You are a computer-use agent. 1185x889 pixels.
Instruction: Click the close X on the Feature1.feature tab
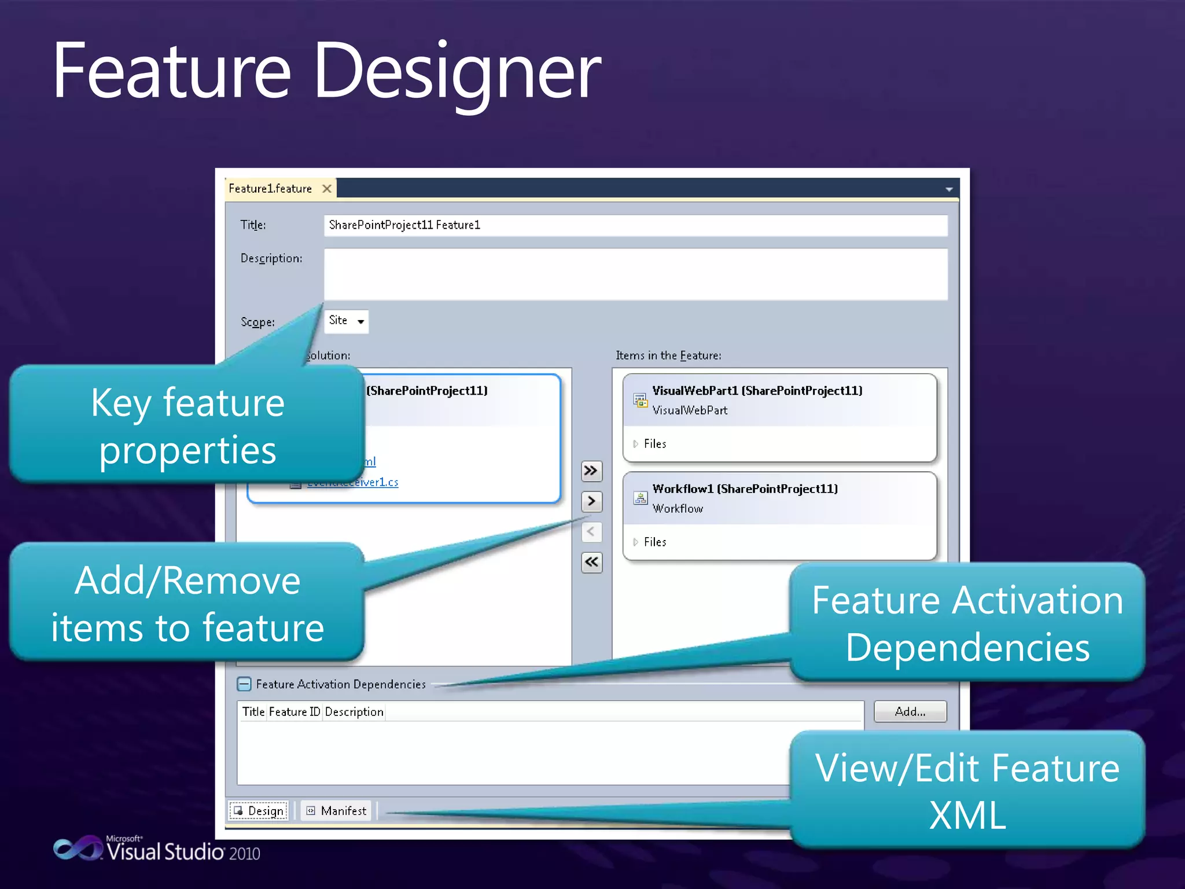(327, 189)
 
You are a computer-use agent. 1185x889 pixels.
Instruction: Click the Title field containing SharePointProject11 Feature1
(635, 225)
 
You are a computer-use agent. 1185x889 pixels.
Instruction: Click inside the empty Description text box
(635, 274)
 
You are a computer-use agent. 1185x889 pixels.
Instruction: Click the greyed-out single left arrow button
(591, 532)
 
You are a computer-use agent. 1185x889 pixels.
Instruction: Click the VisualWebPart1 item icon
(640, 400)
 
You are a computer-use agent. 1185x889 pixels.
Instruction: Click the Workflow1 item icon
(640, 498)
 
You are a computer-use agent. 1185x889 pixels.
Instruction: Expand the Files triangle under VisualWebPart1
(635, 444)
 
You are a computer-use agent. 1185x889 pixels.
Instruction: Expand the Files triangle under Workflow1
(635, 542)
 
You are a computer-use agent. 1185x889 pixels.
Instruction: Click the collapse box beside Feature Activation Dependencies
(244, 684)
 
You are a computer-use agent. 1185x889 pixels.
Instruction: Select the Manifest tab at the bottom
(337, 811)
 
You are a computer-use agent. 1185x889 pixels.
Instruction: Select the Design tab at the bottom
(259, 811)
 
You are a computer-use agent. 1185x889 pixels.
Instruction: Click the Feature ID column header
(294, 712)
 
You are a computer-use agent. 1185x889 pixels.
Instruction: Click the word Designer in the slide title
(457, 72)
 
